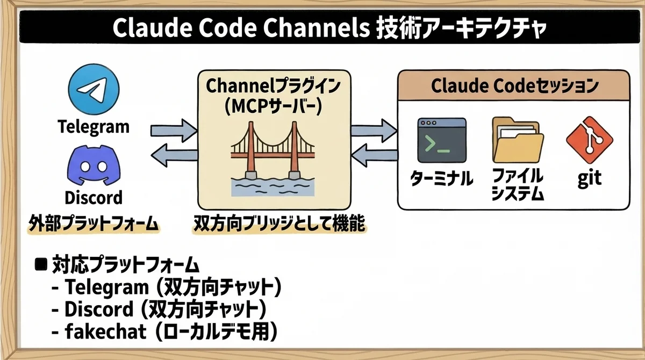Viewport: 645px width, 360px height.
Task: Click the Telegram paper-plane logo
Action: point(94,90)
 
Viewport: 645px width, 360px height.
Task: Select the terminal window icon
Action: point(441,141)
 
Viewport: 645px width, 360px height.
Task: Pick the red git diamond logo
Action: point(590,141)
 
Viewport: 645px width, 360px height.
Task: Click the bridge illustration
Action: point(274,159)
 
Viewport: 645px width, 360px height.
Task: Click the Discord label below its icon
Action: point(94,197)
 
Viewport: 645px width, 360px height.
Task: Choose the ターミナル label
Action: point(441,179)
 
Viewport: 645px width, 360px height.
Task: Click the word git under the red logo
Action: point(590,179)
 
